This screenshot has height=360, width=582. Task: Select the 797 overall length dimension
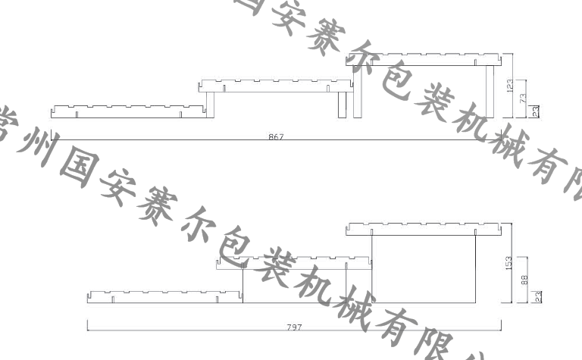pos(295,327)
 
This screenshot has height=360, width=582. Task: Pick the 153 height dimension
pos(509,262)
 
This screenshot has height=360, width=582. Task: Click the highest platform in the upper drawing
pos(426,60)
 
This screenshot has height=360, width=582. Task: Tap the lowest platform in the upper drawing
pos(129,112)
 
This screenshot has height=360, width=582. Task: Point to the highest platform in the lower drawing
pos(426,228)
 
